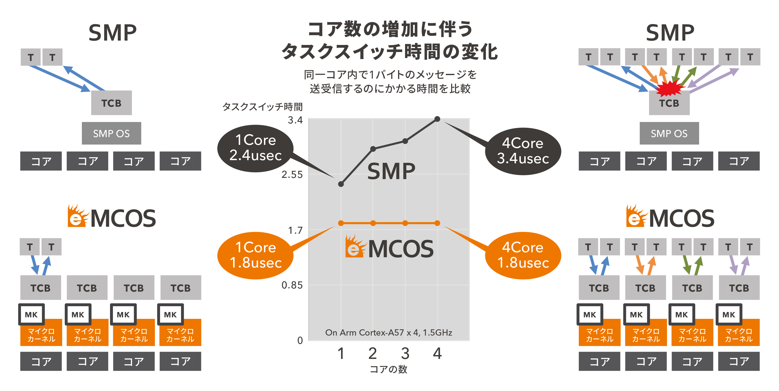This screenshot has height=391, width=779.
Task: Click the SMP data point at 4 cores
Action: pyautogui.click(x=437, y=119)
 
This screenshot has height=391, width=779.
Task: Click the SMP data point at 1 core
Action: pyautogui.click(x=341, y=184)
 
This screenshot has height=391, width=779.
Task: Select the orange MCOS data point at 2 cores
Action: pyautogui.click(x=373, y=223)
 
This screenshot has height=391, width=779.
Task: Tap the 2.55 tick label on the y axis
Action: pyautogui.click(x=292, y=175)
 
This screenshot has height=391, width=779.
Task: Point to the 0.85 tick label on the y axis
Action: pyautogui.click(x=292, y=285)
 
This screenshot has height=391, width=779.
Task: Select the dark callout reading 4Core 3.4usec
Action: pyautogui.click(x=523, y=151)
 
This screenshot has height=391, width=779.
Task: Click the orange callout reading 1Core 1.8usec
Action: pyautogui.click(x=255, y=255)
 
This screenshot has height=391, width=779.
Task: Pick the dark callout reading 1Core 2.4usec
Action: pyautogui.click(x=255, y=148)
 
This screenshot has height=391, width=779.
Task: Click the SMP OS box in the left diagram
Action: pyautogui.click(x=111, y=133)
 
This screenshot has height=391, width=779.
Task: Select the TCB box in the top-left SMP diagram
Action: pyautogui.click(x=111, y=103)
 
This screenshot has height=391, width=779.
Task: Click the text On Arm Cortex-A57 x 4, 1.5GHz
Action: pyautogui.click(x=389, y=333)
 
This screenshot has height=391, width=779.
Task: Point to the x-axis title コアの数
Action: pyautogui.click(x=389, y=369)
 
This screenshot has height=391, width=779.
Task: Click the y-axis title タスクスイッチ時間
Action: pyautogui.click(x=262, y=106)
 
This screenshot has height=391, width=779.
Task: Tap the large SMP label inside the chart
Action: pyautogui.click(x=391, y=171)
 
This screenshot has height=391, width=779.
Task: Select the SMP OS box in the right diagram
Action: pyautogui.click(x=669, y=133)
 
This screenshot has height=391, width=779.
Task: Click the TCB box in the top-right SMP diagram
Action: pyautogui.click(x=669, y=103)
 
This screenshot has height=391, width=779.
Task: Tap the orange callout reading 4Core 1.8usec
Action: pyautogui.click(x=523, y=255)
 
